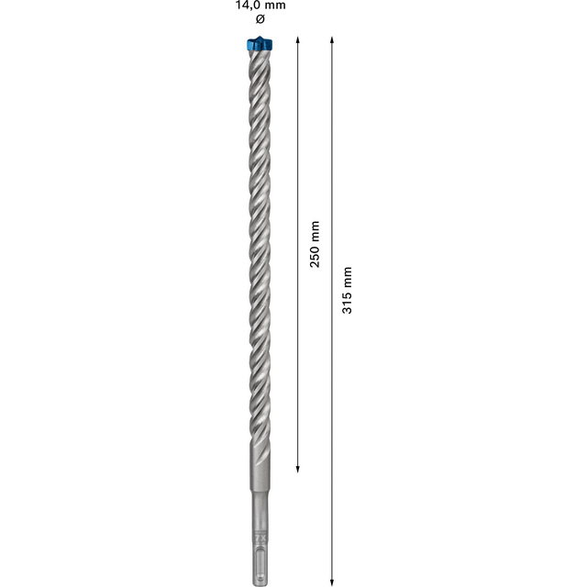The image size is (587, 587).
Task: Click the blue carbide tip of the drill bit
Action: tap(260, 44)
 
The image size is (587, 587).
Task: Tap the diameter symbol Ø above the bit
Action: tap(260, 18)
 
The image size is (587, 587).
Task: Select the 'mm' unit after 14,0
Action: tap(275, 6)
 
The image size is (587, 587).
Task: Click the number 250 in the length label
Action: tap(315, 257)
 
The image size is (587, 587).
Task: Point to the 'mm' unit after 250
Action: tap(315, 231)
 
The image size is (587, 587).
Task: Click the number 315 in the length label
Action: tap(348, 303)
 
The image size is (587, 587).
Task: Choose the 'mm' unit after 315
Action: tap(348, 277)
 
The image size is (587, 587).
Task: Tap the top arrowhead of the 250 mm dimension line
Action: tap(297, 39)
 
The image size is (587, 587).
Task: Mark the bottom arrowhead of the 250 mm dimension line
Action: tap(297, 470)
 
